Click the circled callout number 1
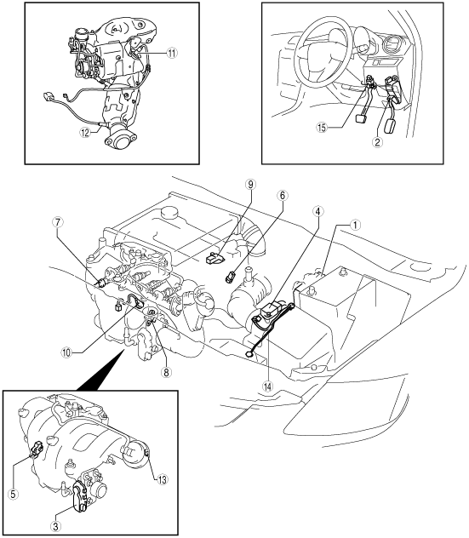pyautogui.click(x=355, y=225)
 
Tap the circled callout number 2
pyautogui.click(x=377, y=142)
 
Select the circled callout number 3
pyautogui.click(x=56, y=525)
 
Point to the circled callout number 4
pyautogui.click(x=317, y=211)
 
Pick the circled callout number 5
pyautogui.click(x=14, y=494)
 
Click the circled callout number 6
pyautogui.click(x=283, y=196)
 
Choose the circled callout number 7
pyautogui.click(x=58, y=222)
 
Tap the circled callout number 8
pyautogui.click(x=166, y=372)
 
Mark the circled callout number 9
pyautogui.click(x=250, y=184)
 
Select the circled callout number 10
pyautogui.click(x=67, y=352)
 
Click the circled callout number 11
pyautogui.click(x=172, y=53)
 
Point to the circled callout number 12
pyautogui.click(x=85, y=132)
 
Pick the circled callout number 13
pyautogui.click(x=162, y=479)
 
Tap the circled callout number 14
pyautogui.click(x=267, y=386)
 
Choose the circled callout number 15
pyautogui.click(x=322, y=128)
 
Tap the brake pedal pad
pyautogui.click(x=361, y=119)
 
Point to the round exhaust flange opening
pyautogui.click(x=120, y=141)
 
